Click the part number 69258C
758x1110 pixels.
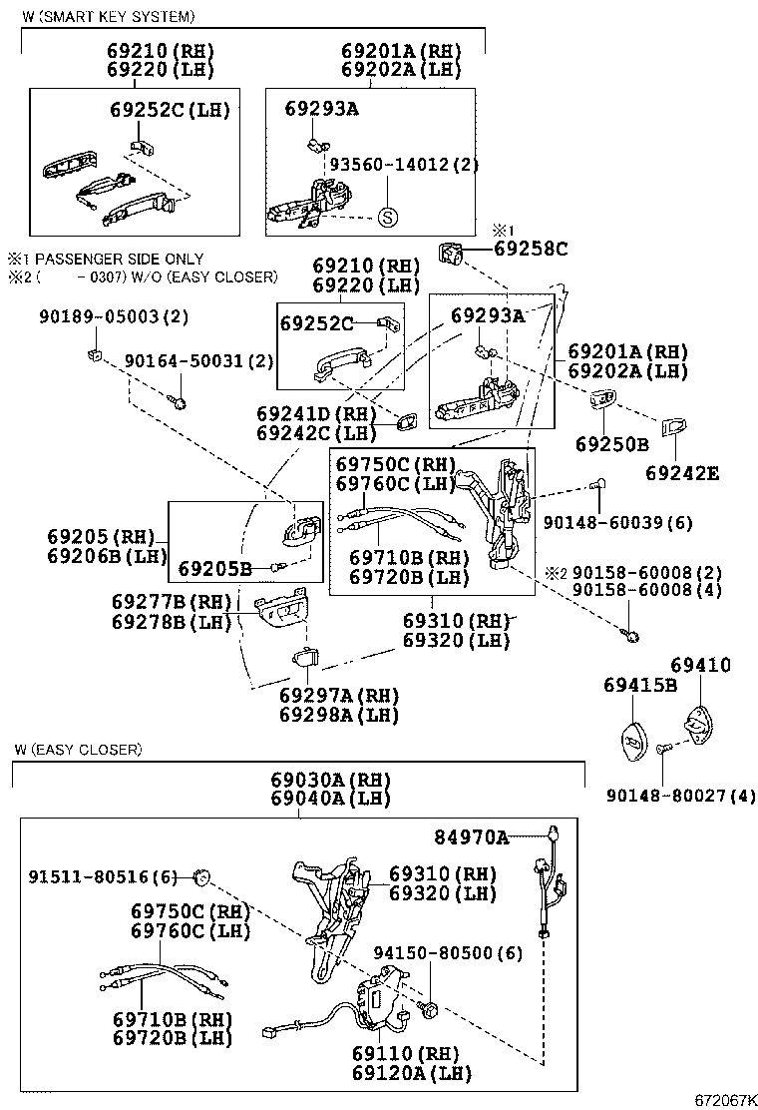pyautogui.click(x=530, y=250)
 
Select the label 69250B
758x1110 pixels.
pyautogui.click(x=611, y=443)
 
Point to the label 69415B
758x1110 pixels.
pyautogui.click(x=639, y=685)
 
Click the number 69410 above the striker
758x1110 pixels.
pyautogui.click(x=700, y=665)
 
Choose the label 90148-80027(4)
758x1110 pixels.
pyautogui.click(x=682, y=796)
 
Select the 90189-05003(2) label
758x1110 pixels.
pyautogui.click(x=114, y=316)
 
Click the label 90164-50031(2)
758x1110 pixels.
pyautogui.click(x=198, y=360)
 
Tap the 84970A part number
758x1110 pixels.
pyautogui.click(x=471, y=836)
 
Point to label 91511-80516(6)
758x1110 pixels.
pyautogui.click(x=102, y=877)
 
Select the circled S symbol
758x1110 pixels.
pyautogui.click(x=388, y=217)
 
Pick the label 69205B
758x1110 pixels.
pyautogui.click(x=214, y=569)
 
